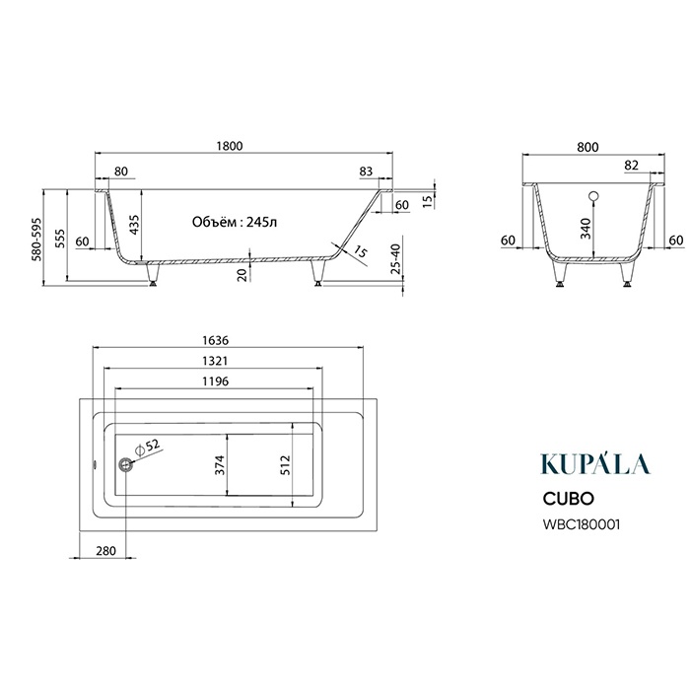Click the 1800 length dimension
pos(230,146)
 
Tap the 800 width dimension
pos(587,147)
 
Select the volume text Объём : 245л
pos(235,222)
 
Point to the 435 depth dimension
pos(134,225)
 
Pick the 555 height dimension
pos(59,239)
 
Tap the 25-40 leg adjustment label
pos(396,258)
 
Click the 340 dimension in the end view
pos(586,229)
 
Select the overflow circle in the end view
pos(593,196)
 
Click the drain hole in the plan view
pos(125,464)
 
